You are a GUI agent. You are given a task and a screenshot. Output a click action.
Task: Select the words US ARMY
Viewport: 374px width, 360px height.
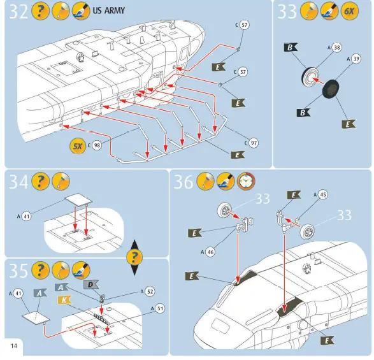pyautogui.click(x=109, y=11)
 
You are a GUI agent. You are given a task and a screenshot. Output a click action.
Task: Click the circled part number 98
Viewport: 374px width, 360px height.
pyautogui.click(x=97, y=146)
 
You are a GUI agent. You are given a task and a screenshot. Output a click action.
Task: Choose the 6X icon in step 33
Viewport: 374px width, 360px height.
pyautogui.click(x=349, y=11)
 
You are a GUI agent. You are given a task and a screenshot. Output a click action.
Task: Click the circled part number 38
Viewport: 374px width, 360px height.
pyautogui.click(x=337, y=48)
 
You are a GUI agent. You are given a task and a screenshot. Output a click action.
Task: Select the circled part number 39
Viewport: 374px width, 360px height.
pyautogui.click(x=356, y=59)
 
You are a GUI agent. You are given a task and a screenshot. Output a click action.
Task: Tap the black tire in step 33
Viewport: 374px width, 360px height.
pyautogui.click(x=330, y=89)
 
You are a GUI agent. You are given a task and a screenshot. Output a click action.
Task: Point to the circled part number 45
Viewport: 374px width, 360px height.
pyautogui.click(x=323, y=194)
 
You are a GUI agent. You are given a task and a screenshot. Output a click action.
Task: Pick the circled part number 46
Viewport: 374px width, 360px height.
pyautogui.click(x=210, y=252)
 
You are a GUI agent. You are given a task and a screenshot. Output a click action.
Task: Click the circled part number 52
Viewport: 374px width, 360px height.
pyautogui.click(x=149, y=291)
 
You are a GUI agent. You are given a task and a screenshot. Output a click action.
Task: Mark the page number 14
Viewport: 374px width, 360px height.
pyautogui.click(x=13, y=345)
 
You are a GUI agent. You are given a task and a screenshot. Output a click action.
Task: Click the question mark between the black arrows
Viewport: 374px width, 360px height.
pyautogui.click(x=134, y=257)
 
